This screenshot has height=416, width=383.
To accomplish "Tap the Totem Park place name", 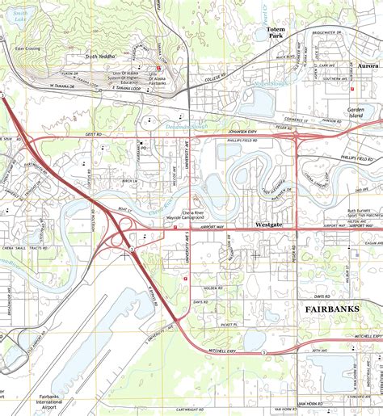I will coord(276,33).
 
